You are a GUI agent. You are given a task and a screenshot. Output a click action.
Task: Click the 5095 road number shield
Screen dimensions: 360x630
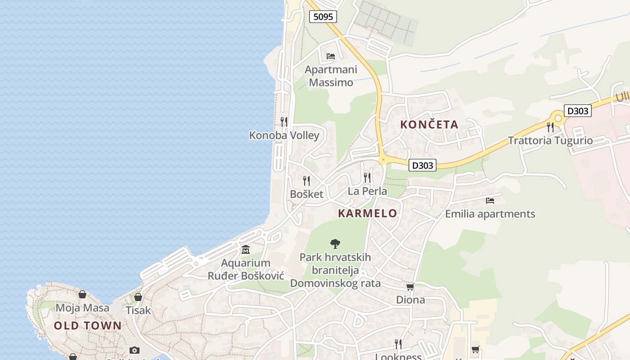click(323, 17)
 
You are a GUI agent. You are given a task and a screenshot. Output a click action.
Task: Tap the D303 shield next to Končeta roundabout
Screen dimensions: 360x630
click(423, 165)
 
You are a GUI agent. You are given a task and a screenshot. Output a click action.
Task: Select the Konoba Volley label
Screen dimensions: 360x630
click(284, 135)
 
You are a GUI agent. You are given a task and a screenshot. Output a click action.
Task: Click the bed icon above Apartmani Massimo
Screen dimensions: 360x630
click(331, 56)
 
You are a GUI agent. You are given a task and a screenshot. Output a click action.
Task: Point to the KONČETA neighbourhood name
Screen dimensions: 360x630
click(429, 125)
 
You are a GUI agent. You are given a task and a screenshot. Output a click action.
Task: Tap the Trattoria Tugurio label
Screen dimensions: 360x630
click(550, 140)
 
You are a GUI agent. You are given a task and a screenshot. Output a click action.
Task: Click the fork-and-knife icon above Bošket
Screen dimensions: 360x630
click(306, 181)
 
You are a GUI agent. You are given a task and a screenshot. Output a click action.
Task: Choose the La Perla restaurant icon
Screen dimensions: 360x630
click(368, 178)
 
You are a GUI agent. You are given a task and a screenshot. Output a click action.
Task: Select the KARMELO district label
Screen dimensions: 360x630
click(368, 213)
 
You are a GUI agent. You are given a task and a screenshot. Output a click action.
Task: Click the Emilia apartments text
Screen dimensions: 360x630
click(490, 214)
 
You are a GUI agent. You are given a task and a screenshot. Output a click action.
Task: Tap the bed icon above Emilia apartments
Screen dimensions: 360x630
click(490, 201)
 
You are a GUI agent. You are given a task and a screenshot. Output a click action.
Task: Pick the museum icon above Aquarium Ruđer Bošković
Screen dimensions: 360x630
click(246, 250)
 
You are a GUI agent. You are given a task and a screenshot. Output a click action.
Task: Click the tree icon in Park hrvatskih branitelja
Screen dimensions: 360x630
click(335, 244)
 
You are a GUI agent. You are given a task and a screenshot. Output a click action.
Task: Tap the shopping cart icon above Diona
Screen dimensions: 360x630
click(410, 287)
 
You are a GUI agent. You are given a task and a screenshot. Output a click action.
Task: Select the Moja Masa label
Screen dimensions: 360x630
click(82, 308)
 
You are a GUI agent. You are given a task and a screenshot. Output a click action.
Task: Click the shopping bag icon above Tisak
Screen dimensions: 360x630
click(138, 297)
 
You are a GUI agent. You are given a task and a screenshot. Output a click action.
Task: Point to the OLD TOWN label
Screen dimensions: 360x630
click(88, 326)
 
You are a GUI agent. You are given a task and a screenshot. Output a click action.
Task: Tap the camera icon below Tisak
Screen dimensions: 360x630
click(134, 350)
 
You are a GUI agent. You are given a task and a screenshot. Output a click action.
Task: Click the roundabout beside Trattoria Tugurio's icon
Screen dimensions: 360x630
click(558, 118)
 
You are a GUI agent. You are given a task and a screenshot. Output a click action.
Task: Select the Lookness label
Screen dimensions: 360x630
click(398, 357)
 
